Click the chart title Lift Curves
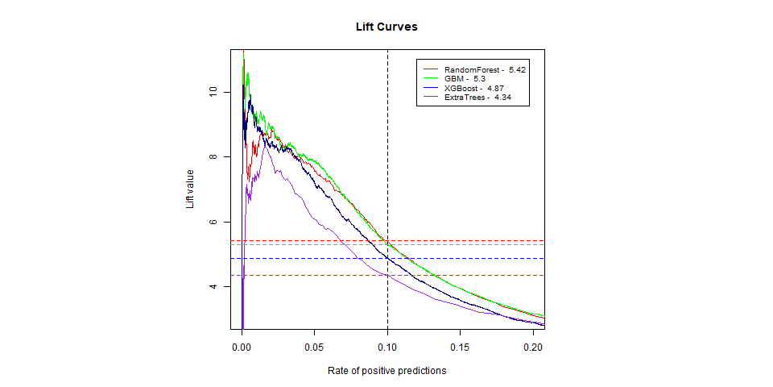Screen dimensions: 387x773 (386, 27)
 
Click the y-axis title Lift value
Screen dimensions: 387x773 (191, 189)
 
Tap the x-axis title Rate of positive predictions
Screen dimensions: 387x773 (386, 372)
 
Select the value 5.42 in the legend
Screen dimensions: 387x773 (517, 70)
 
